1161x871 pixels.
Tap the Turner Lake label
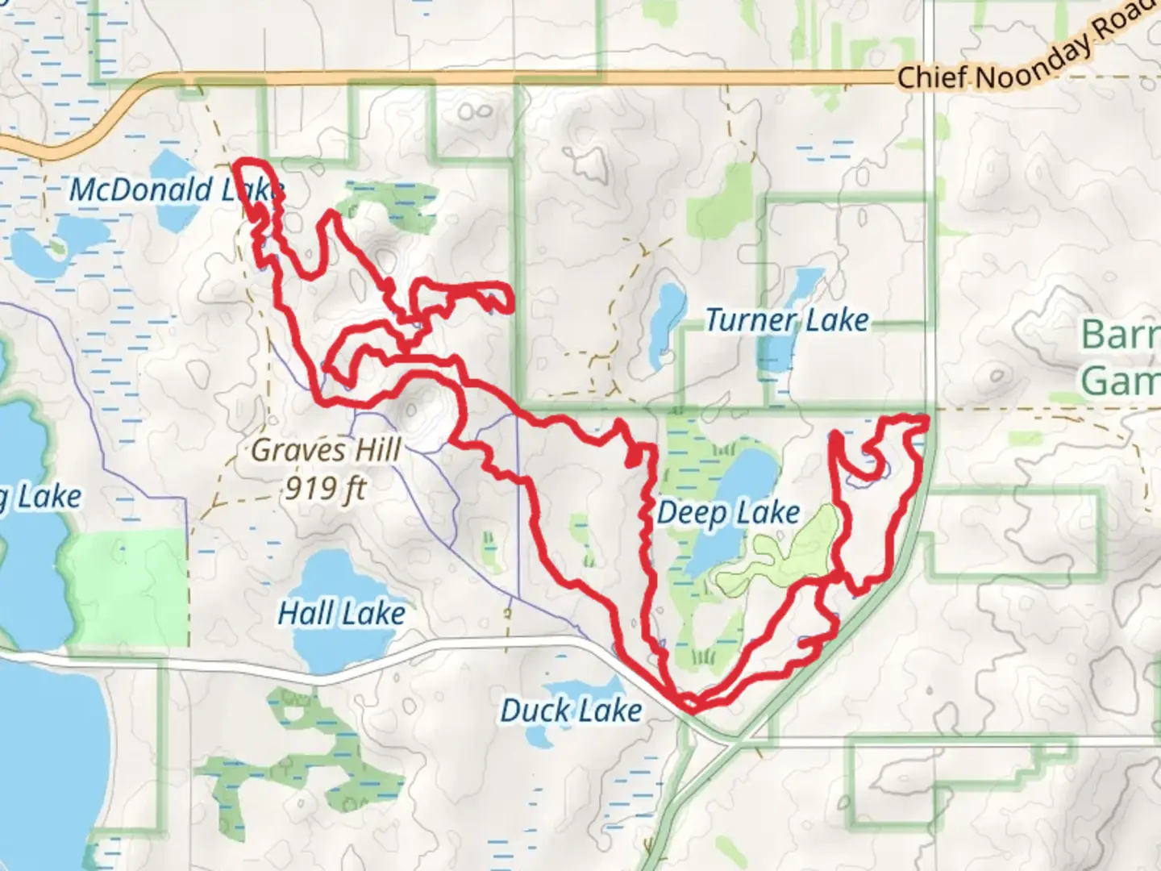[787, 320]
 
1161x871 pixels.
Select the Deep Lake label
[728, 513]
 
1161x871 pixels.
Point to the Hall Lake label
[341, 614]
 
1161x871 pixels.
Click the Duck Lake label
[571, 711]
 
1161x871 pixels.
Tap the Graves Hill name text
[326, 450]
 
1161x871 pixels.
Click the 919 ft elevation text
[326, 487]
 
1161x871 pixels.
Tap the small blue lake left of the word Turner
[665, 323]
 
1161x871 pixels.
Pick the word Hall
[306, 614]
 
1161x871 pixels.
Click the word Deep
[686, 513]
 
